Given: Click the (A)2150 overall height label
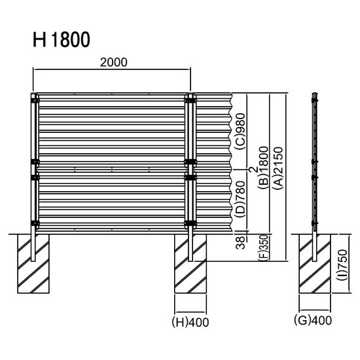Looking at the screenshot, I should click(278, 171).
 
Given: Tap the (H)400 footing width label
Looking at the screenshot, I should click(190, 321).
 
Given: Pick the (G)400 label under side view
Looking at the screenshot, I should click(314, 321).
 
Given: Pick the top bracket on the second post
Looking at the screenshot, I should click(190, 100).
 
